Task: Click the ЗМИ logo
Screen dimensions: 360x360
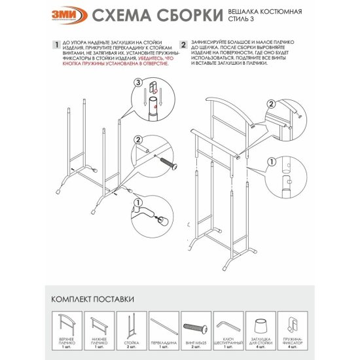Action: (x=65, y=16)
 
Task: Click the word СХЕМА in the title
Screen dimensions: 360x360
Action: (x=122, y=16)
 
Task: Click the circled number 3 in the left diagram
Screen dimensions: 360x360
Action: (x=138, y=82)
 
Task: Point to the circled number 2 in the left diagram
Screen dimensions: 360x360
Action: (x=138, y=139)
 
